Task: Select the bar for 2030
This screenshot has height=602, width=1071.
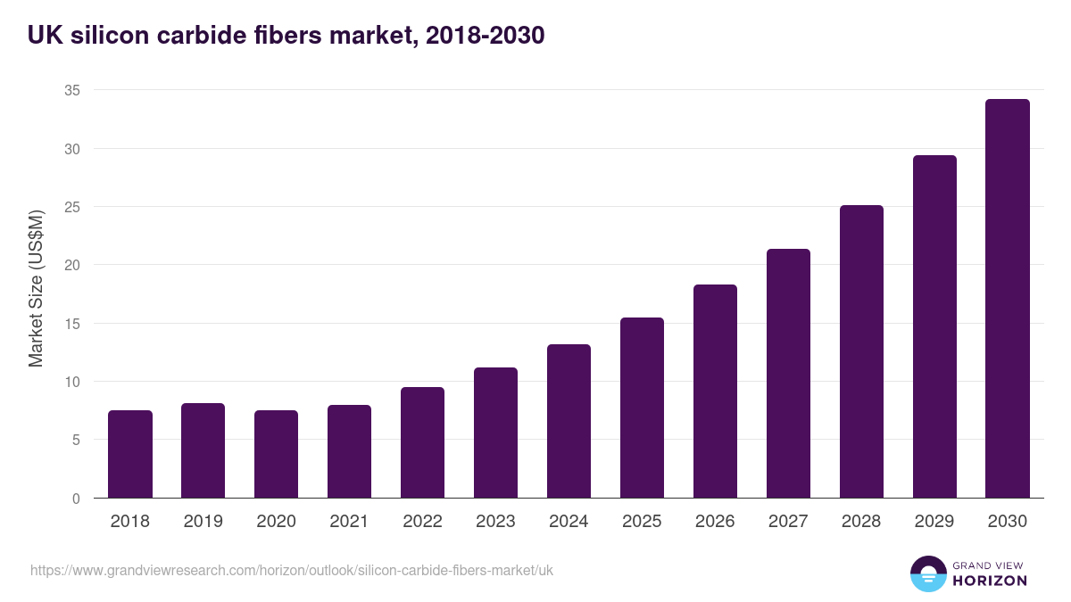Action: pos(1008,299)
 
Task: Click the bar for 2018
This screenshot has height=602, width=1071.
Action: pos(130,454)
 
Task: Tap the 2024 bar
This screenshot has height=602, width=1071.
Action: pos(569,421)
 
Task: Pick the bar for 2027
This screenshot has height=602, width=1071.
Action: pos(788,374)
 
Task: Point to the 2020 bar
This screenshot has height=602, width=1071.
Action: pos(277,454)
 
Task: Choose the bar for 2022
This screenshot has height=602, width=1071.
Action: pos(422,442)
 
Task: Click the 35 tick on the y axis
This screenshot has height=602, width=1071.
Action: pos(72,90)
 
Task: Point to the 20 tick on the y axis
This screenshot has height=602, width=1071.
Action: pos(72,265)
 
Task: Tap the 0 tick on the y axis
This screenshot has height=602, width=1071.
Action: pos(77,499)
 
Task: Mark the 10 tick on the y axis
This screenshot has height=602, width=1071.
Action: pos(72,382)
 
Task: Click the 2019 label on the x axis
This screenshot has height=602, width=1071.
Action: pos(203,522)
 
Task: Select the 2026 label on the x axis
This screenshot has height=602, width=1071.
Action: pos(715,522)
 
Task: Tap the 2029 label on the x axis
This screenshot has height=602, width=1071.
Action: pos(934,522)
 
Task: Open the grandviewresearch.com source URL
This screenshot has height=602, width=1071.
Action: pos(292,570)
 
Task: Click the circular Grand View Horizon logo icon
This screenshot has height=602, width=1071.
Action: pos(928,573)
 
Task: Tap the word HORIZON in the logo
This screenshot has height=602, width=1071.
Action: pos(990,581)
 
